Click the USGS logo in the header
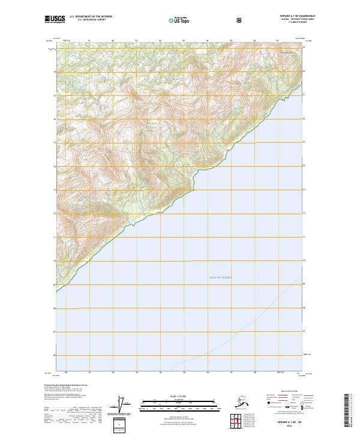point(55,19)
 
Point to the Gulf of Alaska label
point(220,278)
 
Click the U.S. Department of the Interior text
point(91,16)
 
